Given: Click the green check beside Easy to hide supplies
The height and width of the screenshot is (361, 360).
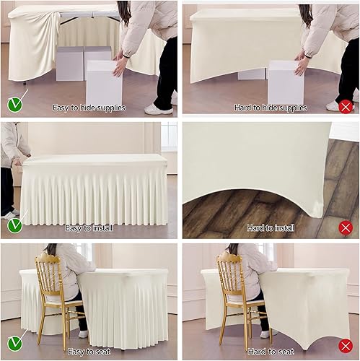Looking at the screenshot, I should (x=14, y=105).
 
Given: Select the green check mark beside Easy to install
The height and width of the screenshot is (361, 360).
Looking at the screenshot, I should (x=14, y=225).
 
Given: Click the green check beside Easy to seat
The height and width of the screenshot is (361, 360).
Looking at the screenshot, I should (x=14, y=342).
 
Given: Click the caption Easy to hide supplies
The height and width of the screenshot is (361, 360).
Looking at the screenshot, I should (x=89, y=108).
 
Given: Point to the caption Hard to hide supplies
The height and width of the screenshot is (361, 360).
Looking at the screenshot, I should (x=270, y=108).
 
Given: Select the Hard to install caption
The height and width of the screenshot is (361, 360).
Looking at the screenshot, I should (x=270, y=228).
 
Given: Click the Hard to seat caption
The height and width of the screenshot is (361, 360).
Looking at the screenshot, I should (x=270, y=352).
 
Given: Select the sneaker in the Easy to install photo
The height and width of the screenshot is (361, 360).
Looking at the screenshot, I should (x=9, y=214).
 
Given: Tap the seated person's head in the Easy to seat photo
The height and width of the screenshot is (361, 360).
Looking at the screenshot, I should (x=52, y=252).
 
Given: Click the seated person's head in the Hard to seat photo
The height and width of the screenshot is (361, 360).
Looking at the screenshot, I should (x=234, y=252).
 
